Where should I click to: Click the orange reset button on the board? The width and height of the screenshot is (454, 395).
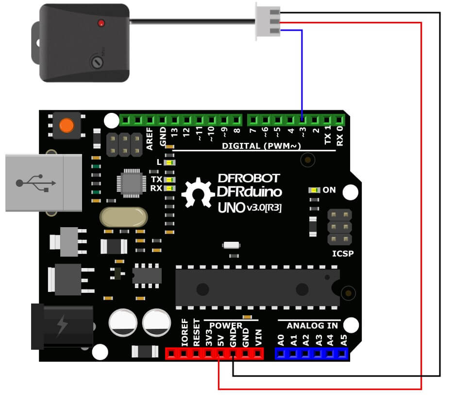[x=67, y=126]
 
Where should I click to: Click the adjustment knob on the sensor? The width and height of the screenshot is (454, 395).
[x=97, y=61]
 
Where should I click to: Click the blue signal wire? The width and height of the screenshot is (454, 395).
[x=302, y=73]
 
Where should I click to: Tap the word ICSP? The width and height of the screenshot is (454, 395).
[x=343, y=253]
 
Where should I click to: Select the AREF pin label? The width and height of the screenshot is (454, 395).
[x=150, y=139]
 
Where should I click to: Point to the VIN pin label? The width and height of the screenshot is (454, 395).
[x=258, y=337]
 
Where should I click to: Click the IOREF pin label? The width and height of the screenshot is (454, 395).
[x=184, y=333]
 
